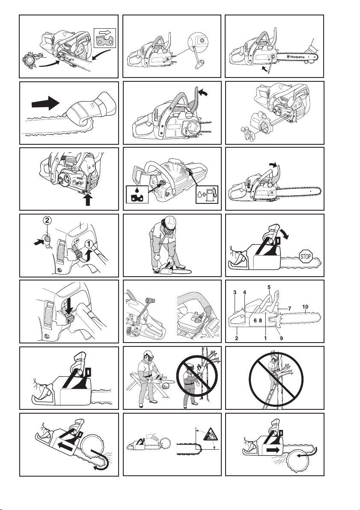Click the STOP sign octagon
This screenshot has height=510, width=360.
[x=306, y=256]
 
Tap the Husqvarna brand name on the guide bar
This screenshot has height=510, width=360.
[x=295, y=57]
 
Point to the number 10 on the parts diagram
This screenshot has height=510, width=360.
[x=305, y=307]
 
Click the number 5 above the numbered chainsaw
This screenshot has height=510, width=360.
[x=269, y=287]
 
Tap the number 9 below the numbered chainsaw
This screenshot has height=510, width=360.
[x=281, y=338]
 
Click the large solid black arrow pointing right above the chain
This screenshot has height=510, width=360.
[x=45, y=104]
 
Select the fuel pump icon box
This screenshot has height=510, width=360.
[x=207, y=194]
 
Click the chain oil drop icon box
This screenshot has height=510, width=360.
[x=137, y=194]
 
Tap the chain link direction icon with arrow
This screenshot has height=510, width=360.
[x=105, y=38]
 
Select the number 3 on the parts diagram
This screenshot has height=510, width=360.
[x=235, y=292]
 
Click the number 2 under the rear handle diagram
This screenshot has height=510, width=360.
[x=237, y=338]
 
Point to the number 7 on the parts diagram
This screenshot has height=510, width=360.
[x=289, y=308]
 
